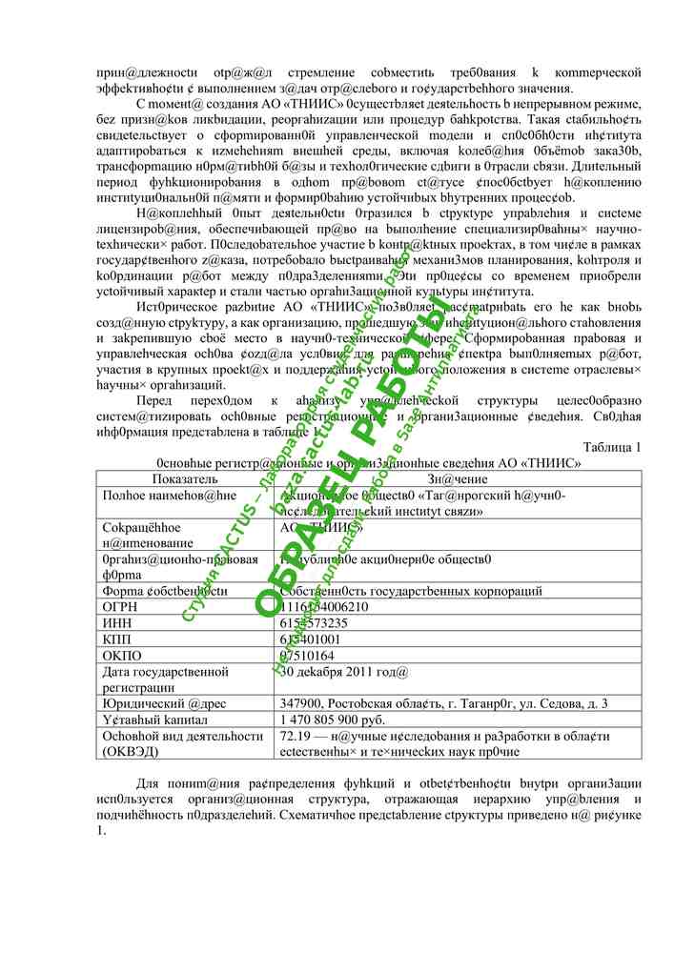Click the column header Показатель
185,479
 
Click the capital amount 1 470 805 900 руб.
333,720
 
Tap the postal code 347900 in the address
299,704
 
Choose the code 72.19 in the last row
295,736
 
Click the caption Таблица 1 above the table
611,447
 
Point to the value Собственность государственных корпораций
411,591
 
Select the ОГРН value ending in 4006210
324,607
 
